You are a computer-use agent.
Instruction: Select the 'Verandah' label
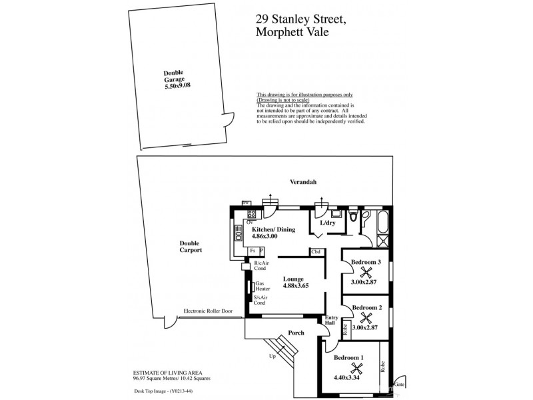tap(302, 182)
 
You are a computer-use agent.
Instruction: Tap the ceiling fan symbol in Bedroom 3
tap(366, 272)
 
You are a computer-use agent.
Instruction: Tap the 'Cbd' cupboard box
tap(316, 252)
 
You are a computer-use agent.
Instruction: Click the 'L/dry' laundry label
tap(327, 223)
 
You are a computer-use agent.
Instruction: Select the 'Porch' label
tap(296, 333)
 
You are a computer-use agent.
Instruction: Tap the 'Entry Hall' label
tap(331, 321)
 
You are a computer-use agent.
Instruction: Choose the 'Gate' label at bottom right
tap(399, 385)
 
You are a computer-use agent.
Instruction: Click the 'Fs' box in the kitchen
tap(253, 250)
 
